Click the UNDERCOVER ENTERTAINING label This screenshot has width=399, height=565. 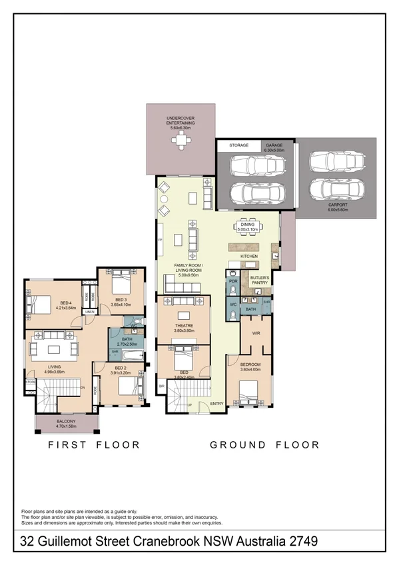181,121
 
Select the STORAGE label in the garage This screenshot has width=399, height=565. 238,145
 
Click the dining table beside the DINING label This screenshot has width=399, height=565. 252,227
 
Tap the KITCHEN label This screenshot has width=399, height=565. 248,256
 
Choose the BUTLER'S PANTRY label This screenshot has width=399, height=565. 260,281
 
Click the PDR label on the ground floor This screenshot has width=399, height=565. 233,281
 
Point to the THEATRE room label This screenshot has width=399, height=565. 183,327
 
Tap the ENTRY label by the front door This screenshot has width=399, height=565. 217,404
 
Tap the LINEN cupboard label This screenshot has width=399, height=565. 89,312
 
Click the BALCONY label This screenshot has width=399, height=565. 66,421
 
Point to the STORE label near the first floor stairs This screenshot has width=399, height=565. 30,382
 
